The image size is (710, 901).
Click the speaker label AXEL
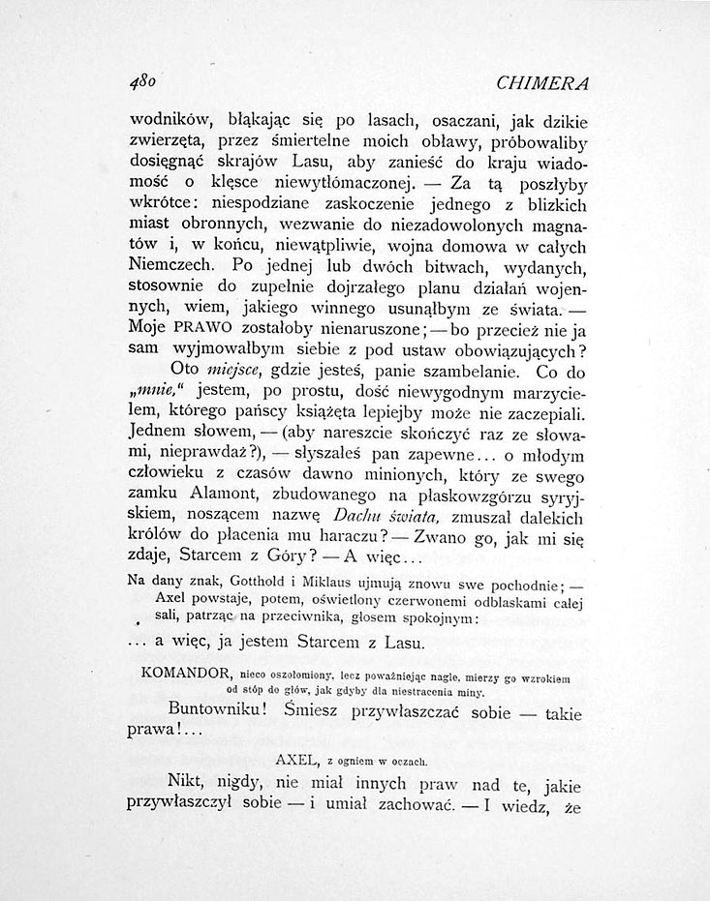[x=298, y=758]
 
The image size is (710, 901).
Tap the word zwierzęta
[x=168, y=145]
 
